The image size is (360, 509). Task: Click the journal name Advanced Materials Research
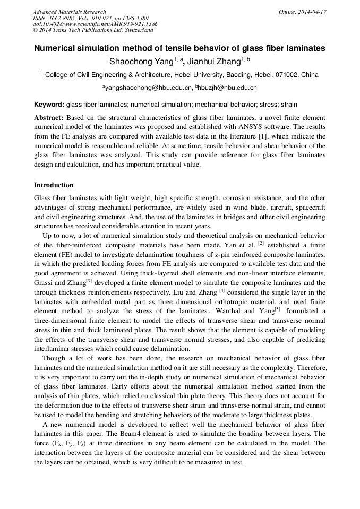pos(69,12)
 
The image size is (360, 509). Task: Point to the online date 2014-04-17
pos(312,12)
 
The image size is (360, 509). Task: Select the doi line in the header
pos(95,24)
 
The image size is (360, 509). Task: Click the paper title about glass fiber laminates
pos(179,48)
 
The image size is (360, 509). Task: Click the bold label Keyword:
pos(49,105)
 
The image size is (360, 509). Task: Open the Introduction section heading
pos(54,185)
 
